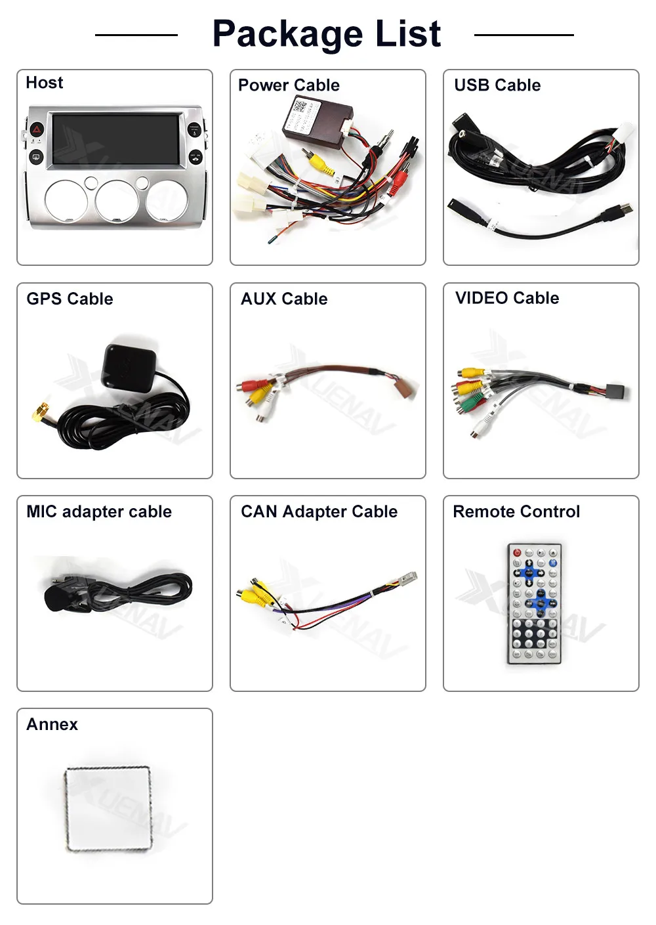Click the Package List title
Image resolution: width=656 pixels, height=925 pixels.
pos(327,34)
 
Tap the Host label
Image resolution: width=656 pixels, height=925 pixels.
pos(45,83)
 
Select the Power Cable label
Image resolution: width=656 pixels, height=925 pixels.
pos(289,85)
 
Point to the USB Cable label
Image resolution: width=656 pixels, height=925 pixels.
pos(497,85)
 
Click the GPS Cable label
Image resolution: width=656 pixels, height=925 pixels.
pos(70,299)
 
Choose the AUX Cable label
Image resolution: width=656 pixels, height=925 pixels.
pos(284,299)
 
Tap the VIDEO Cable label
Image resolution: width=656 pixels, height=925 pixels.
pos(507,298)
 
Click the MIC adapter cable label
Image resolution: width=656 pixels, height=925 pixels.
pos(99,511)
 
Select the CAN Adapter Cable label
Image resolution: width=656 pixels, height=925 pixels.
pos(319,511)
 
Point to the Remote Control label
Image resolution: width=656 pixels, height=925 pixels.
pos(516,511)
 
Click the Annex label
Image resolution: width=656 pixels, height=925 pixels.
pos(52,724)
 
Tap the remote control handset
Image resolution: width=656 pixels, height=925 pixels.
pos(534,603)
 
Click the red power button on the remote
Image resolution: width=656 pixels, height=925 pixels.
pos(517,553)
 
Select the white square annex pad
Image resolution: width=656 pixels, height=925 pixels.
pos(108,809)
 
